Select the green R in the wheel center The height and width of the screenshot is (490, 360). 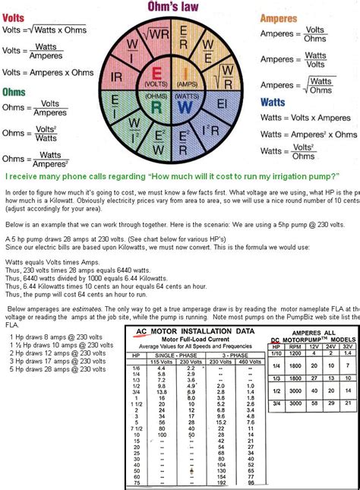157,106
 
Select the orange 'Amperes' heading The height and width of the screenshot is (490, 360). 282,17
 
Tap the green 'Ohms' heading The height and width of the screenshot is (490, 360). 14,93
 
